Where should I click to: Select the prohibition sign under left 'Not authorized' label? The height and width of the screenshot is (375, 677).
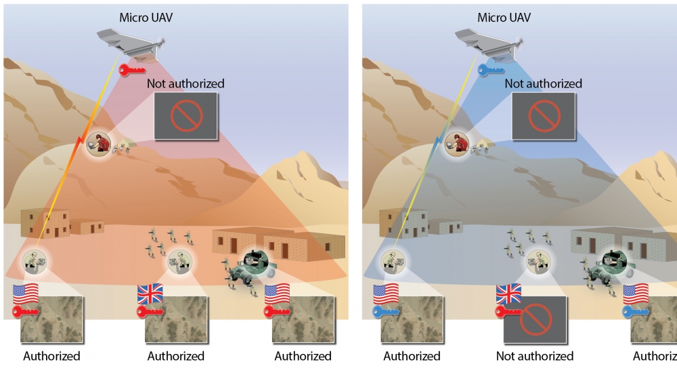pos(185,116)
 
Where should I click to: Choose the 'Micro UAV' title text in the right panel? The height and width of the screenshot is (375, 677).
pos(504,18)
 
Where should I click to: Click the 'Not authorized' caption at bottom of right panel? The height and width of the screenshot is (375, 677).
pos(534,356)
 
